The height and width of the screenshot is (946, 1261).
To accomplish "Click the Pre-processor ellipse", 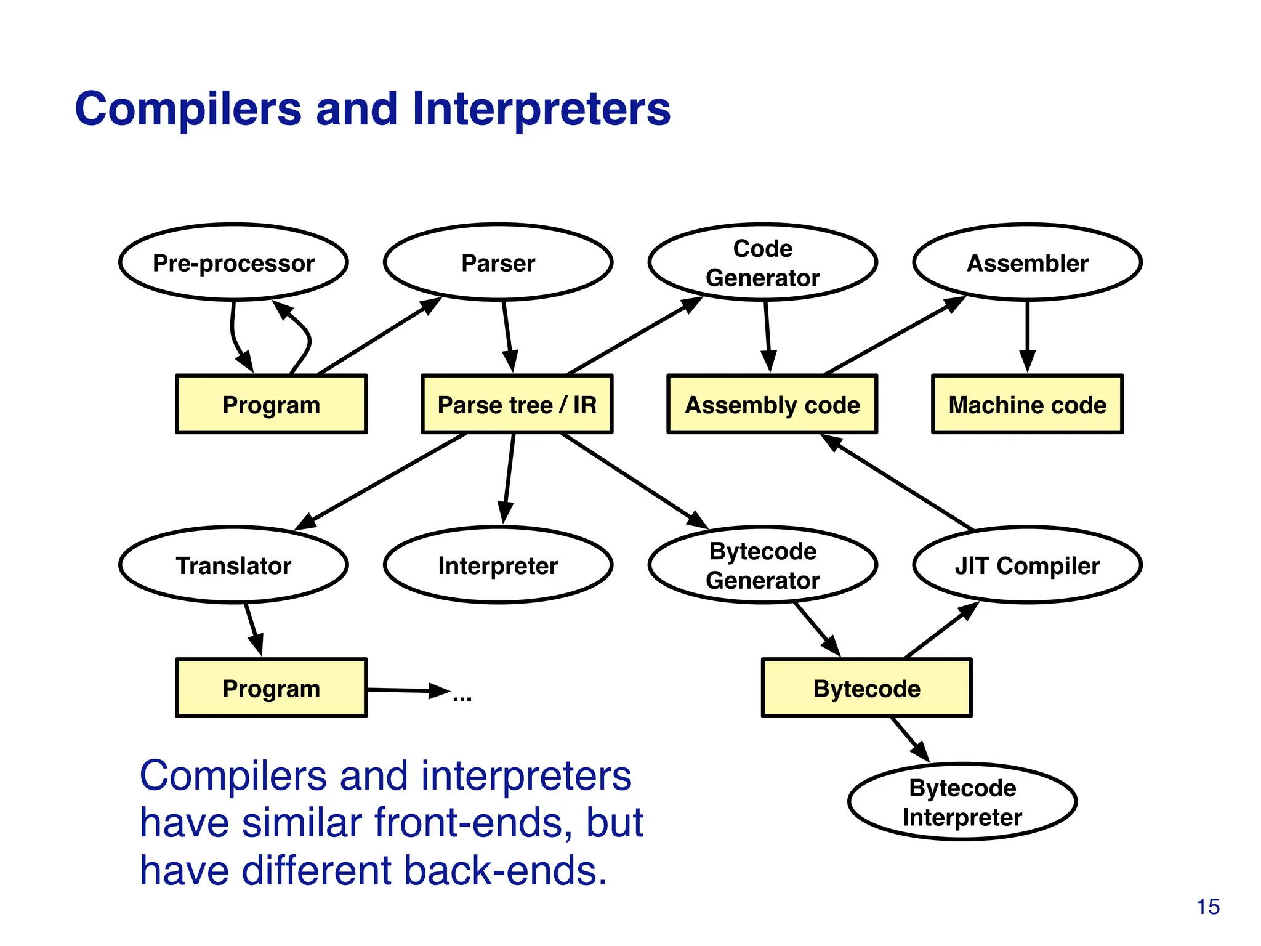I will click(x=233, y=262).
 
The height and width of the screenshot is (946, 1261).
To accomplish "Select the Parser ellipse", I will click(x=498, y=262).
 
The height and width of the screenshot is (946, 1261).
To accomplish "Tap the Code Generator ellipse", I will click(x=762, y=262).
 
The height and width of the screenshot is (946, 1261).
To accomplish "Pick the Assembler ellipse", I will click(x=1027, y=262).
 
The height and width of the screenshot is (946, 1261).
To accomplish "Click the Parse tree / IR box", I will click(x=517, y=405).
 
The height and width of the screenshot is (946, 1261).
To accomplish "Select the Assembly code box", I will click(x=772, y=405).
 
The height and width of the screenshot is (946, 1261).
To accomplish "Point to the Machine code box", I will click(x=1027, y=405).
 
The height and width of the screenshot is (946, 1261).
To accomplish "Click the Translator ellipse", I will click(x=233, y=565).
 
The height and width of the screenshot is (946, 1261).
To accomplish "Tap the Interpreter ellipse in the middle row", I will click(x=498, y=565).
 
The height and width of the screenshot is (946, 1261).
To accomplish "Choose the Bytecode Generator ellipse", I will click(x=762, y=565).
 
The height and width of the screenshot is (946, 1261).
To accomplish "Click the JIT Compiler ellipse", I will click(x=1027, y=565).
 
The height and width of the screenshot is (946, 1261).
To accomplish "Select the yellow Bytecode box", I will click(x=866, y=688).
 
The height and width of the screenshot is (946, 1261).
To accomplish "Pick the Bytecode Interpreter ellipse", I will click(x=962, y=802).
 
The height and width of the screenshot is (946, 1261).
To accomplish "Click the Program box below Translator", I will click(x=271, y=688).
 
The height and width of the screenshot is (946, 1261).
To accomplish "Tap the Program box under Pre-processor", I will click(x=271, y=405).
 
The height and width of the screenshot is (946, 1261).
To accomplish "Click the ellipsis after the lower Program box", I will click(x=462, y=698).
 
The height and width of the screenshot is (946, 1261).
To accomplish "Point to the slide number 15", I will click(x=1208, y=907).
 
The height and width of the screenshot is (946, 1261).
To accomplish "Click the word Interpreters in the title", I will click(x=541, y=109).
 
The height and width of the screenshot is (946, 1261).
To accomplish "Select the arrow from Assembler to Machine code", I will click(x=1027, y=336).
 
